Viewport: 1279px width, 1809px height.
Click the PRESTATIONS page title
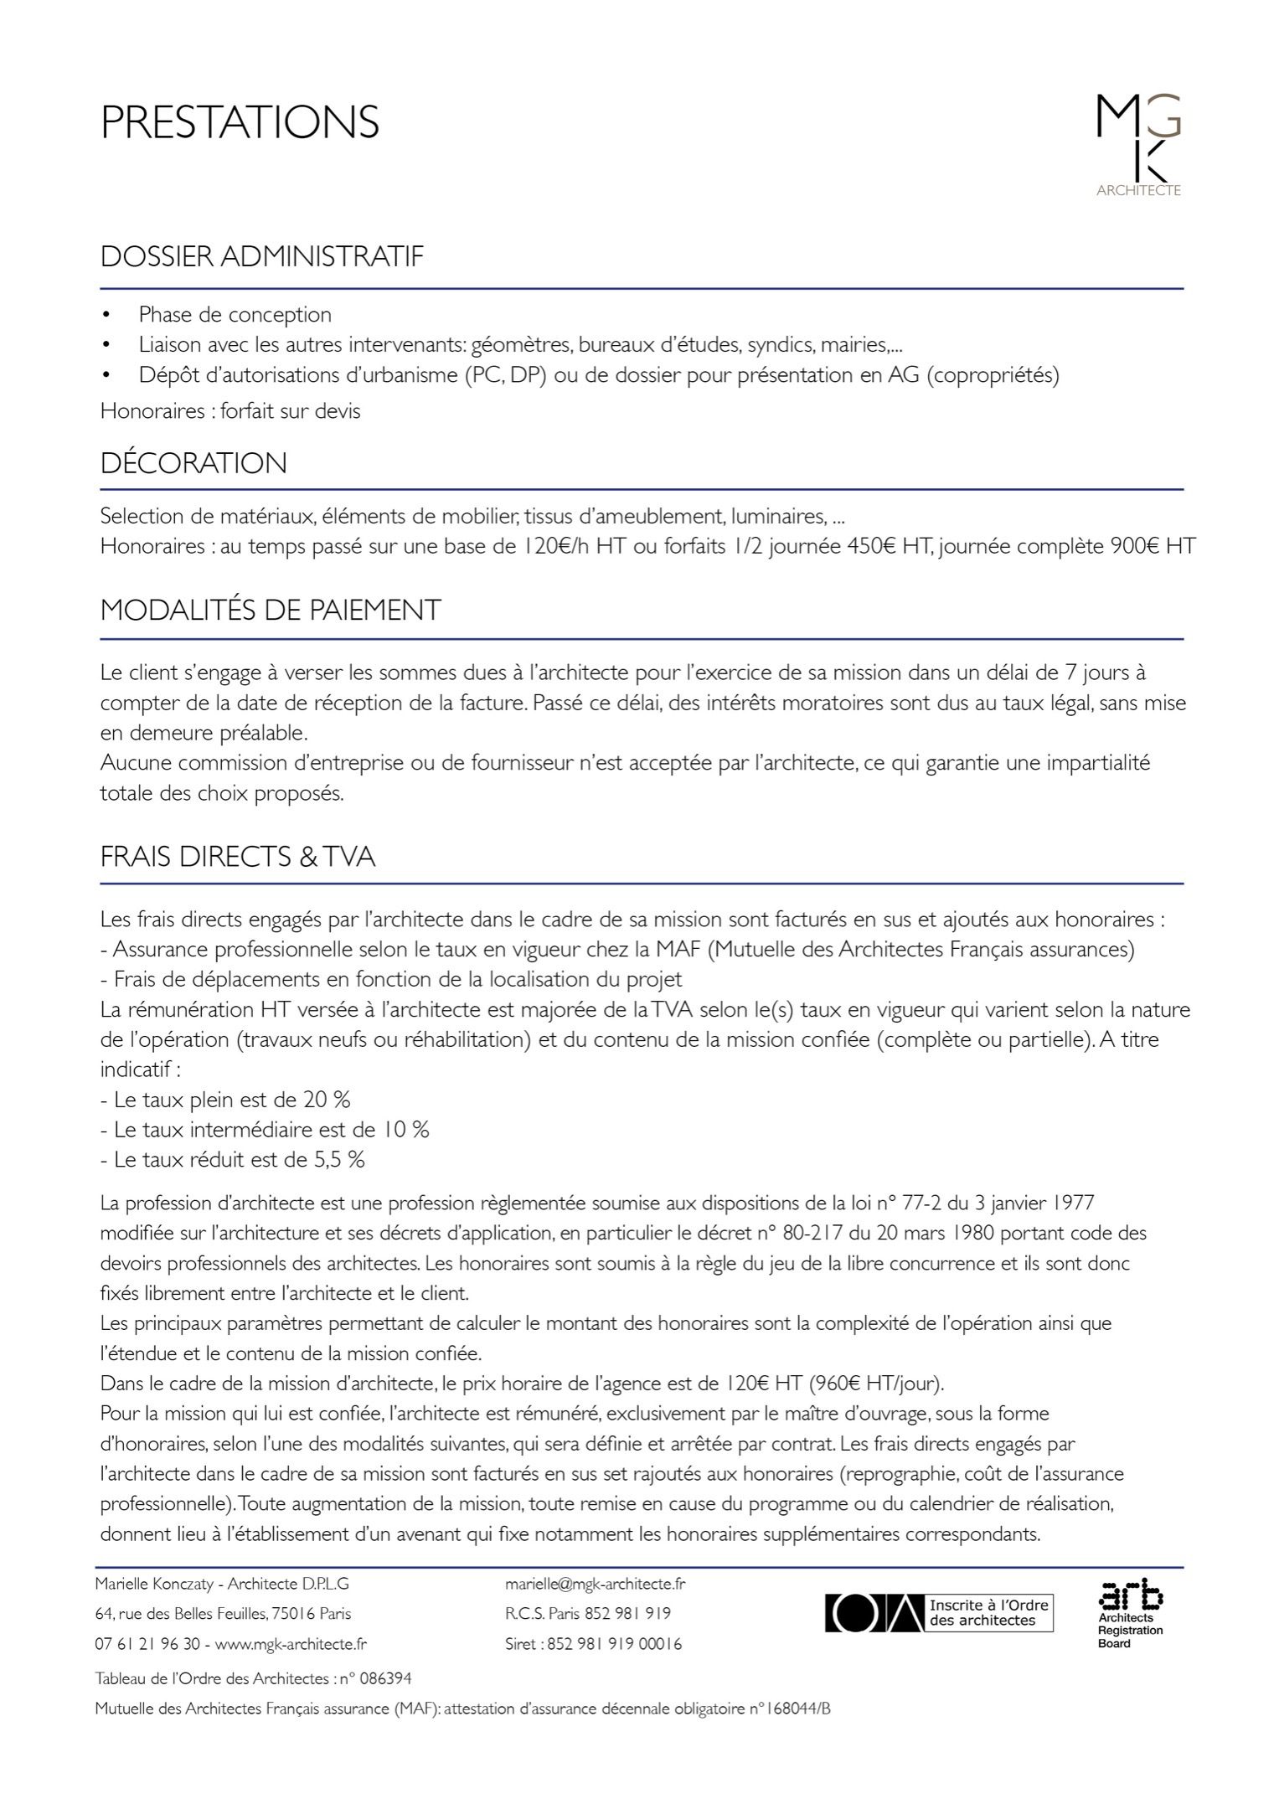coord(240,122)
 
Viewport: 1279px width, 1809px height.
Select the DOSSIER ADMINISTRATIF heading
coord(262,256)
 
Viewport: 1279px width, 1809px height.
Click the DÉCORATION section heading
coord(193,463)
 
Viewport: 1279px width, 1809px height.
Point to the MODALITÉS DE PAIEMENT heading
coord(271,610)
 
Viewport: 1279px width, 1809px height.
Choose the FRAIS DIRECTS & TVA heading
coord(238,857)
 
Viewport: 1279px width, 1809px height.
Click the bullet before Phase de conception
coord(106,315)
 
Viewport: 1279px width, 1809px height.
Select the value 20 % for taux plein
coord(327,1100)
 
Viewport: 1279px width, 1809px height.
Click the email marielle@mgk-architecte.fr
coord(596,1584)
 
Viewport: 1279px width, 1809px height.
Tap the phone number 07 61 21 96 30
coord(147,1644)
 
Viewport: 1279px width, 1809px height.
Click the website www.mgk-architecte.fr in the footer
coord(291,1644)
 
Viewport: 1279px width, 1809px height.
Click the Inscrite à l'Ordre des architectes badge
coord(940,1613)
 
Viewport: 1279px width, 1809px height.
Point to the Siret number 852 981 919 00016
coord(614,1644)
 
